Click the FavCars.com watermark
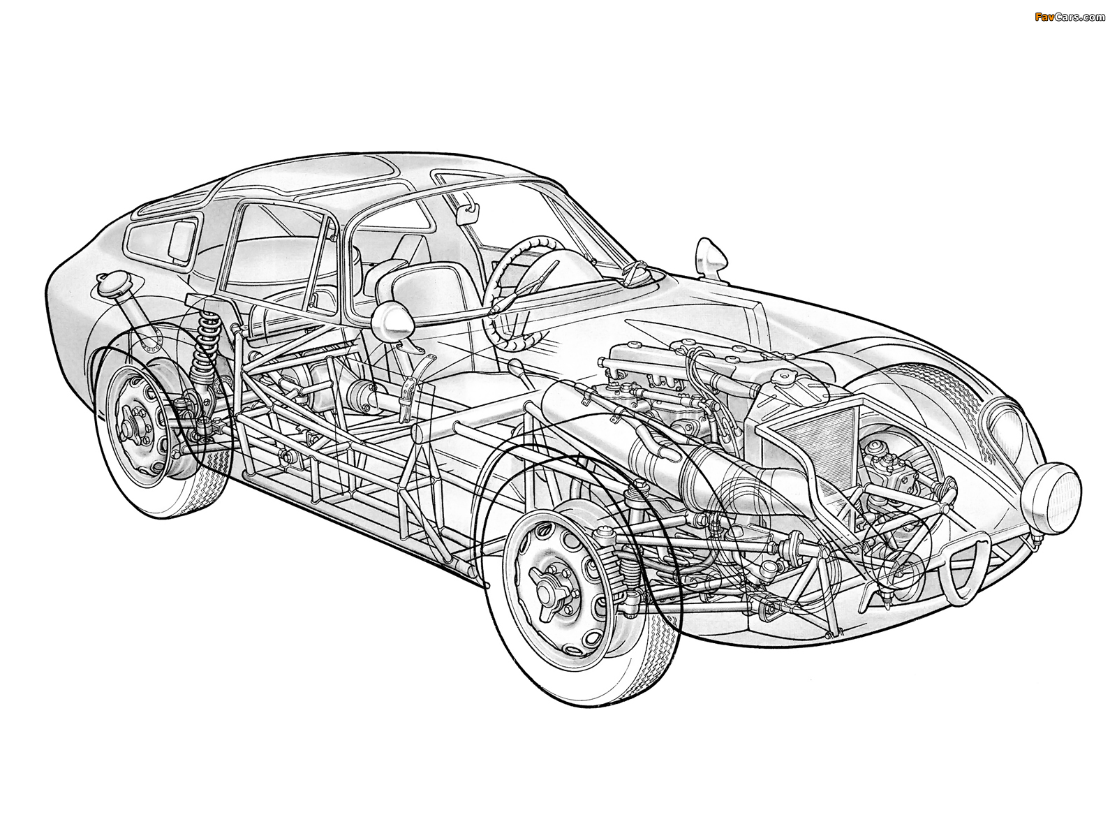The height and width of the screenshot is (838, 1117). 1070,17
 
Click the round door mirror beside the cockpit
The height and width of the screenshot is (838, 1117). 392,319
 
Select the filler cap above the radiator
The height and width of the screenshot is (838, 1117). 785,376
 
